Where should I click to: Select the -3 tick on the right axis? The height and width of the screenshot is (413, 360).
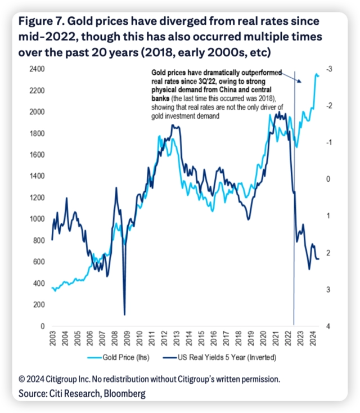pos(328,69)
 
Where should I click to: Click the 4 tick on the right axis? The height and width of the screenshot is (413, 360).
pos(328,326)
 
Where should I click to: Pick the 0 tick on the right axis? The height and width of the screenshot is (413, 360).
pos(328,179)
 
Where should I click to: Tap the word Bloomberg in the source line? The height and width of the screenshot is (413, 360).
pos(120,394)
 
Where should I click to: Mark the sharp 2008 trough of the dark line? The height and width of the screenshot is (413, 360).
pos(124,315)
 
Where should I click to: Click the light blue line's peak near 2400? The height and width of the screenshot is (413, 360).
pos(317,74)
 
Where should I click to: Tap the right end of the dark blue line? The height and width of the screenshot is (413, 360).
pos(319,259)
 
